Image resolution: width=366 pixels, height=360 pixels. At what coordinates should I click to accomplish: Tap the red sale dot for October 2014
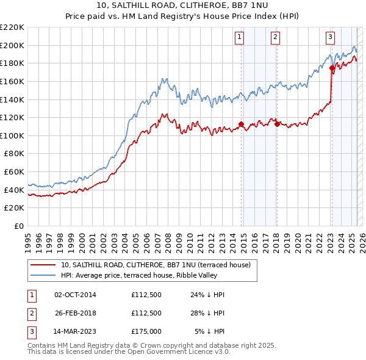click(241, 124)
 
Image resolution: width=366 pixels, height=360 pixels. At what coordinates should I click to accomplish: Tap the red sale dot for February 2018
click(278, 124)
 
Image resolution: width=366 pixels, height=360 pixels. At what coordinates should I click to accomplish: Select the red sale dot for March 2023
click(332, 68)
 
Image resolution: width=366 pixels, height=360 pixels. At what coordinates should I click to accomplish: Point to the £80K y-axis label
click(14, 154)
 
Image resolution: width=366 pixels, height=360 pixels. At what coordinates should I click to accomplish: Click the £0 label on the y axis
click(20, 226)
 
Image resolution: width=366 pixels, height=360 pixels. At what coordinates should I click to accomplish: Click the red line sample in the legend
click(43, 265)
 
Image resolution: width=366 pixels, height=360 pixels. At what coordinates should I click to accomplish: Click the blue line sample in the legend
click(43, 276)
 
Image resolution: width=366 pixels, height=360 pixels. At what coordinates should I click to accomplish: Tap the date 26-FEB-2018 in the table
click(76, 313)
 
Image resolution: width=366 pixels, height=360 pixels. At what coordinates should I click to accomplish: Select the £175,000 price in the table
click(146, 331)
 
